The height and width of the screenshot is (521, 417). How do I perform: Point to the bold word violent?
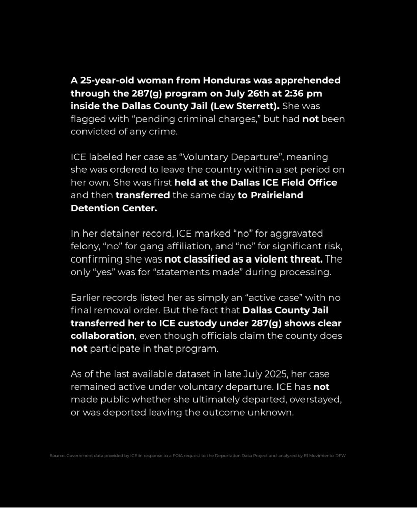click(269, 259)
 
